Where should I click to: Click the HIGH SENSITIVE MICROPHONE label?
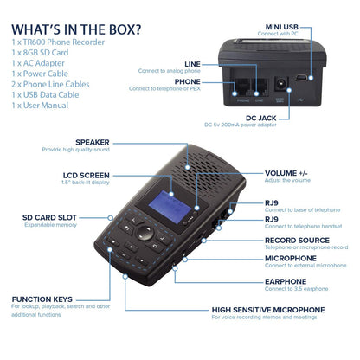point(268,308)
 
